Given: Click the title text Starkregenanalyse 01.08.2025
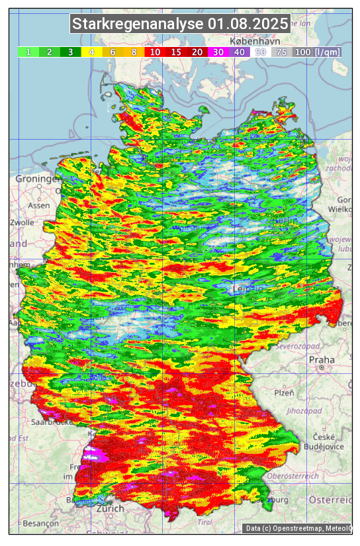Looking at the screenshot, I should tap(180, 24).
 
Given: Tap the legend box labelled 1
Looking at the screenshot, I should tap(28, 52).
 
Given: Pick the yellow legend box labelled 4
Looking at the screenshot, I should tap(91, 52).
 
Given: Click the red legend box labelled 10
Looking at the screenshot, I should tap(154, 52).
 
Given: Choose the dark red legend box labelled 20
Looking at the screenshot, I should tap(197, 52).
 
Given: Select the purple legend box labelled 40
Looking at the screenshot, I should tap(239, 52).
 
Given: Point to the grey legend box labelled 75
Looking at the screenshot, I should tap(281, 52).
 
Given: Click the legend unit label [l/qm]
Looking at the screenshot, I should tap(328, 52).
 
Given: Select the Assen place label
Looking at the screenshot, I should tap(39, 205).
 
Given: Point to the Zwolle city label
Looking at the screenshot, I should tap(21, 222).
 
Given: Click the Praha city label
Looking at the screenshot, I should tap(322, 360).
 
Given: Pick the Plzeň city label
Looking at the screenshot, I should tap(284, 392).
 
